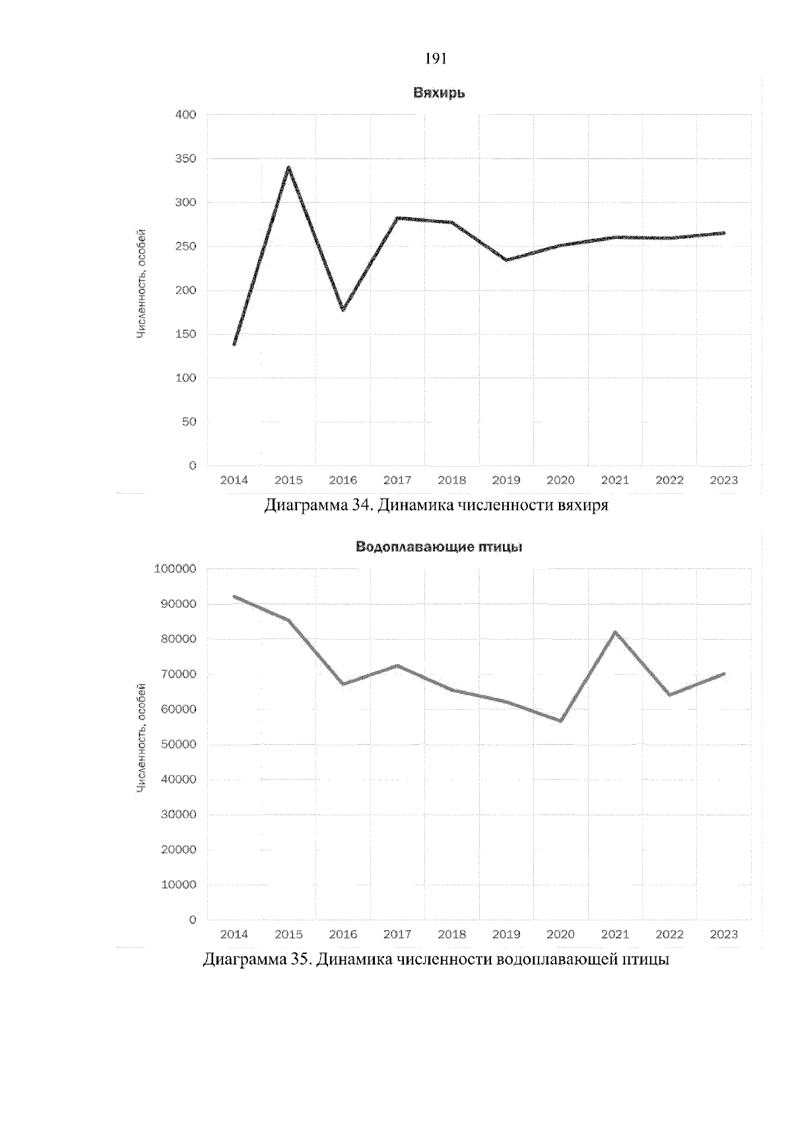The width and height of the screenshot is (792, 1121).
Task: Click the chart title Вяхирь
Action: [439, 93]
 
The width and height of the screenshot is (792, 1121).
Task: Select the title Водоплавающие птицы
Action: [439, 547]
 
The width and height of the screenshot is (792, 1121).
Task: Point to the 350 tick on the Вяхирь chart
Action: [186, 159]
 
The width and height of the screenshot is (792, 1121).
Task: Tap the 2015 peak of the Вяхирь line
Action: [288, 168]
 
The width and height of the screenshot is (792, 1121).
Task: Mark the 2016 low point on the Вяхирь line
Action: [343, 310]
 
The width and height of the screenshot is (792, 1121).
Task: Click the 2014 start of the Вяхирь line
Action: [234, 344]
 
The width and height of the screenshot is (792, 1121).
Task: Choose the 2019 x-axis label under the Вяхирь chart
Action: [506, 481]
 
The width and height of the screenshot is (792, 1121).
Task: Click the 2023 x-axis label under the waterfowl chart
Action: [723, 934]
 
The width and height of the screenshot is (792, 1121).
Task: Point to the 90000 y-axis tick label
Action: [175, 604]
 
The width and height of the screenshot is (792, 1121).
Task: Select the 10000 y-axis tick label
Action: [175, 885]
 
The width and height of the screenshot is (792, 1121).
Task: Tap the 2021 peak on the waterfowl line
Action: [615, 632]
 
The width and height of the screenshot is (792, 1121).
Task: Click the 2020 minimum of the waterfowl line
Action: [560, 721]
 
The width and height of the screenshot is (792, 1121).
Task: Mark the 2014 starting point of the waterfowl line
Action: [234, 597]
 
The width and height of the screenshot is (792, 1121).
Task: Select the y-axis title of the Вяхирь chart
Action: [141, 284]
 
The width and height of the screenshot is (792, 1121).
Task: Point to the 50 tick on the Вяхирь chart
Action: [189, 422]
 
